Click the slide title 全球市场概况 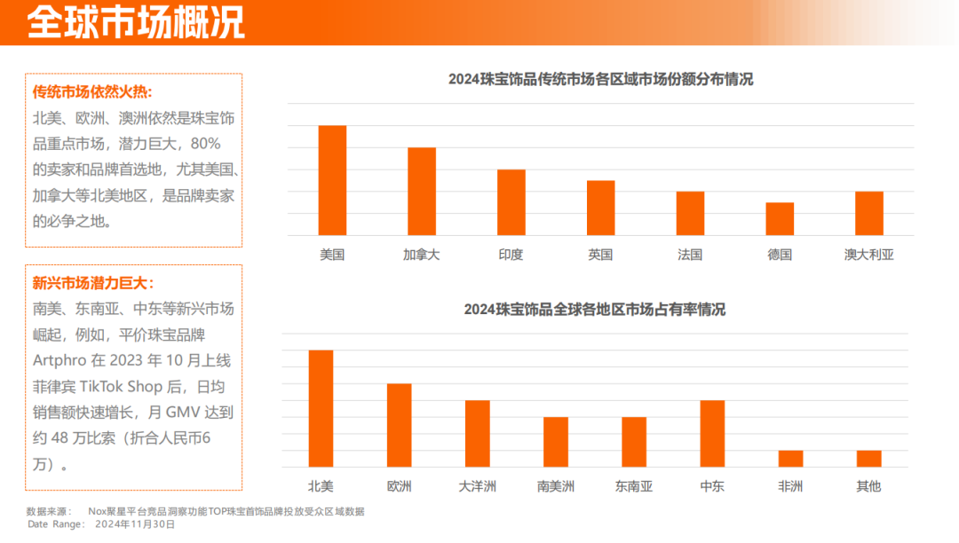tap(136, 23)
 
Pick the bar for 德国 tap(780, 219)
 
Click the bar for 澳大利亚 tap(869, 214)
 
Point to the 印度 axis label tap(511, 255)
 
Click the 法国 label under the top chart tap(690, 255)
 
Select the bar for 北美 tap(321, 408)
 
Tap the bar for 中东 tap(712, 433)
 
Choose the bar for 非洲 tap(790, 459)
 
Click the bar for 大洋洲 tap(478, 433)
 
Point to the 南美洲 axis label tap(556, 486)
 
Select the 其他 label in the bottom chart tap(868, 486)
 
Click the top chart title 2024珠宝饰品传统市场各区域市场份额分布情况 tap(600, 79)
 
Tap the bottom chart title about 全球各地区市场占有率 tap(594, 310)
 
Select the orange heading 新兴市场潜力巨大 tap(93, 284)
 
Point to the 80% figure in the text tap(205, 143)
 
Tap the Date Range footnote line tap(101, 524)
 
